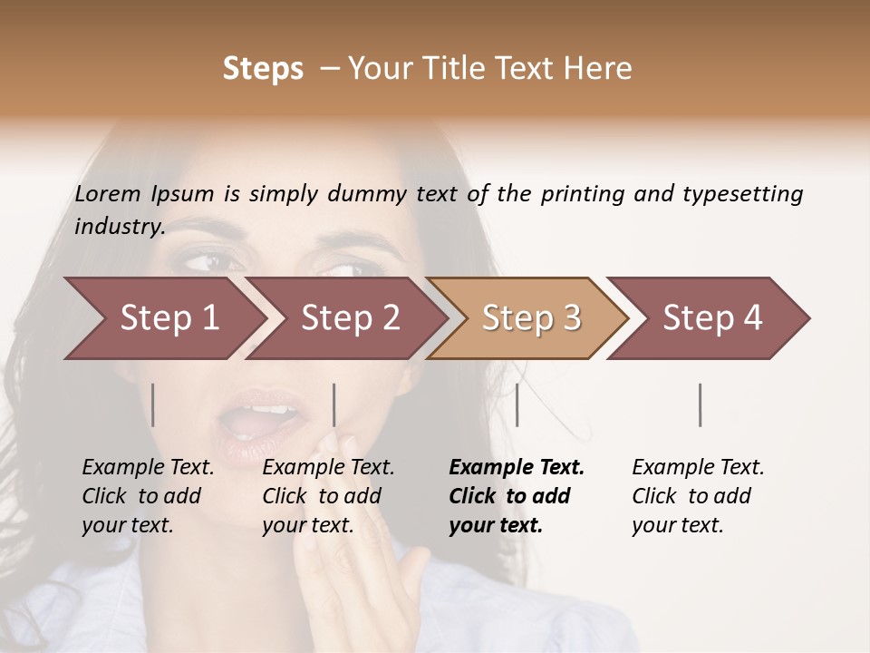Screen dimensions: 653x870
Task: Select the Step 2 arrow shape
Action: [x=349, y=318]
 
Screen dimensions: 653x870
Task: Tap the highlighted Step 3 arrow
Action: [x=530, y=318]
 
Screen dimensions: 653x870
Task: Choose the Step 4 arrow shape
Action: [x=711, y=318]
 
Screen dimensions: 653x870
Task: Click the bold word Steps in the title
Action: [x=263, y=69]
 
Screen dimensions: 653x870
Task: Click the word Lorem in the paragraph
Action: [x=108, y=194]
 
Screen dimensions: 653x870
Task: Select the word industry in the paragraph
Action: [x=119, y=227]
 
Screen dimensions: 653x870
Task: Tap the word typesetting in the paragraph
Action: [x=742, y=194]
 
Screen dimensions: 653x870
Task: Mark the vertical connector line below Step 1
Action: [x=153, y=404]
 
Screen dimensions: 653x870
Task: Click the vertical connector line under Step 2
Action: [x=334, y=404]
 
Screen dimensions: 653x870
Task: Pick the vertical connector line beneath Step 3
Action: [x=517, y=404]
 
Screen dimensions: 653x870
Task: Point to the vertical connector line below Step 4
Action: [x=700, y=404]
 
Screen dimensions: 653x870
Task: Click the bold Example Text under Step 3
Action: [x=517, y=467]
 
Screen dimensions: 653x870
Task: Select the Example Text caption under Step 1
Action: [x=148, y=467]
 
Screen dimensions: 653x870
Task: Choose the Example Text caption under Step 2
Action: [x=328, y=467]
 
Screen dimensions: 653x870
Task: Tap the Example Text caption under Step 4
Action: [x=698, y=467]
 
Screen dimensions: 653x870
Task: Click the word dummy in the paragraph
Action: [x=368, y=194]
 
